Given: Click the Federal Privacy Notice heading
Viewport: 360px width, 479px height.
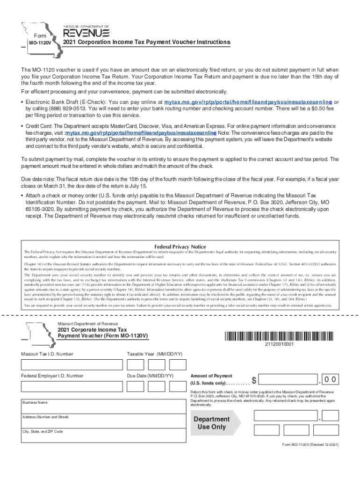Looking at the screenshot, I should point(180,247).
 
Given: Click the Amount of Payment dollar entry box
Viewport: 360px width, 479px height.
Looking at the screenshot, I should point(288,379).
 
